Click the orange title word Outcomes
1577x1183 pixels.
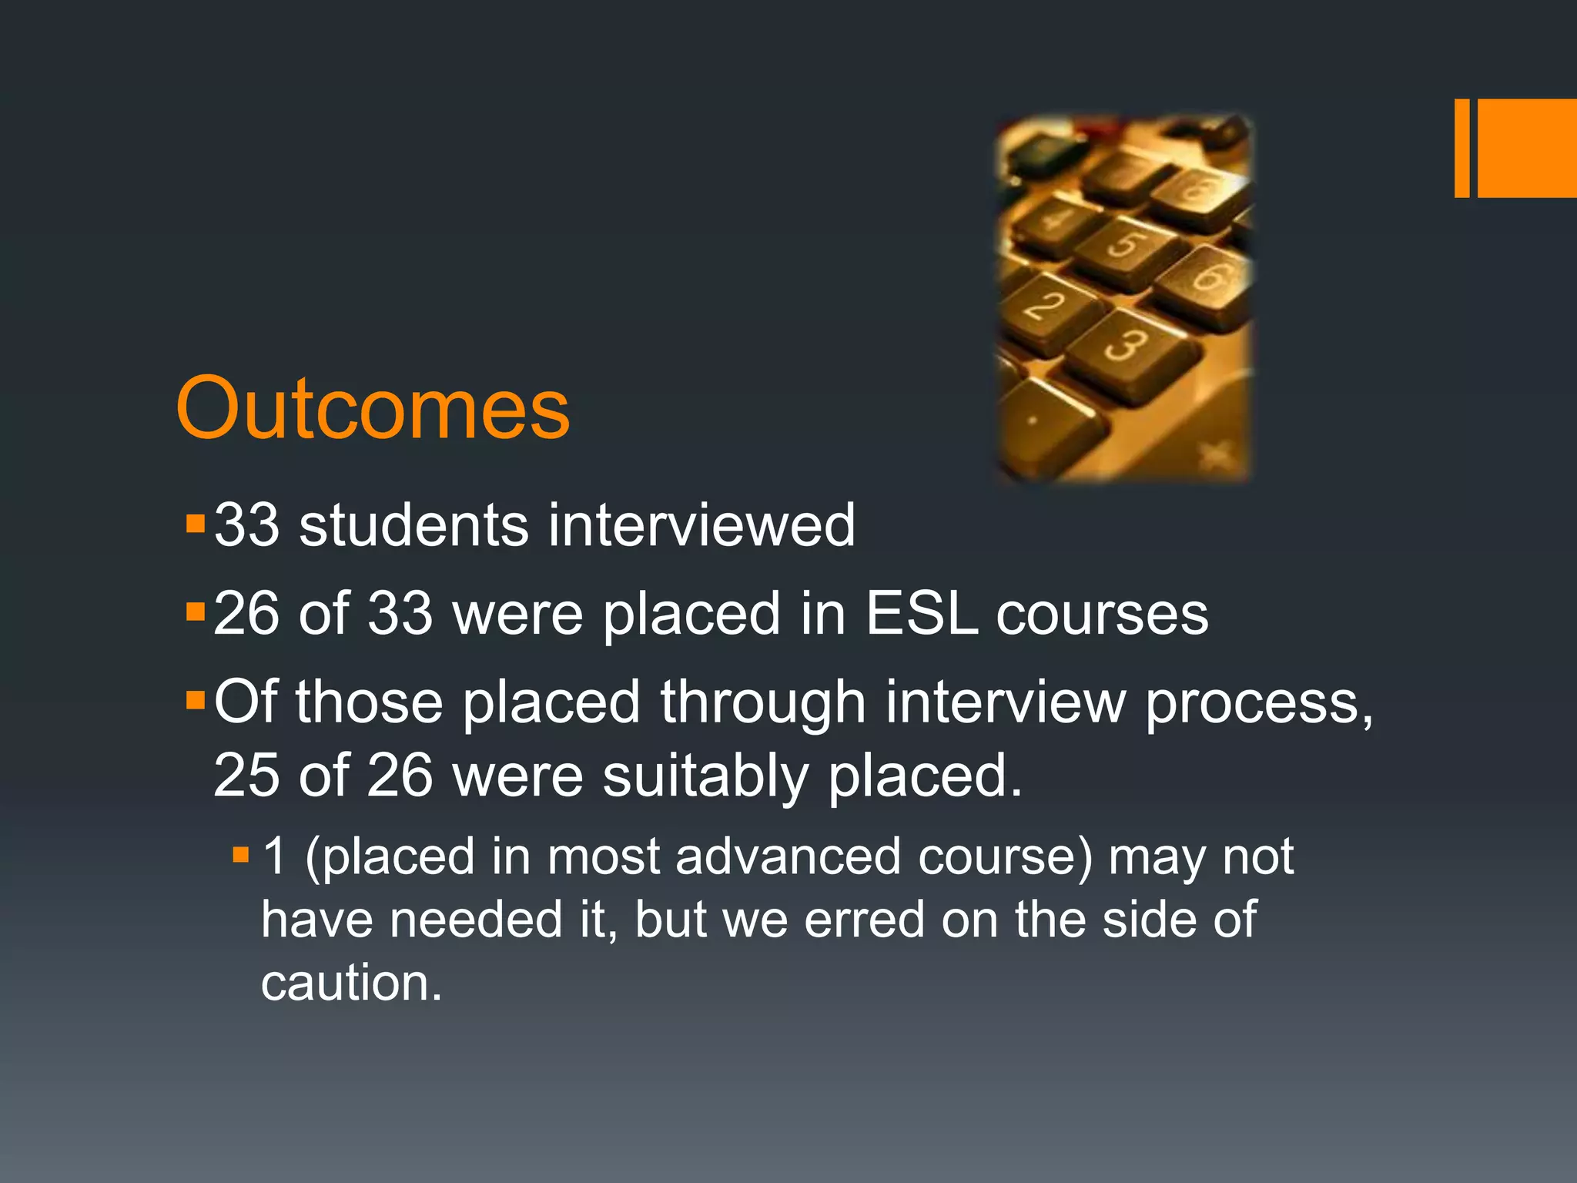pos(373,408)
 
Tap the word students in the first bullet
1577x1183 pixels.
pos(414,525)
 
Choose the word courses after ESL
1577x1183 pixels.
pos(1102,615)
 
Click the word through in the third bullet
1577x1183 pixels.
pos(763,704)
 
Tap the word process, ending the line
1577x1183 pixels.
pos(1258,704)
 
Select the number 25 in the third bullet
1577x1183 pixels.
pos(246,775)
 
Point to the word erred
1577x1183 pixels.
pos(864,920)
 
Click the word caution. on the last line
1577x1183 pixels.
pos(351,983)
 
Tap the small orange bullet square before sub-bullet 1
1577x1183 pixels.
pos(241,854)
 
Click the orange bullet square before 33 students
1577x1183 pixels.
pos(196,524)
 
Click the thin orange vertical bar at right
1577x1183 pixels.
pos(1461,148)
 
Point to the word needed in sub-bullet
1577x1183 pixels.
pos(476,920)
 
